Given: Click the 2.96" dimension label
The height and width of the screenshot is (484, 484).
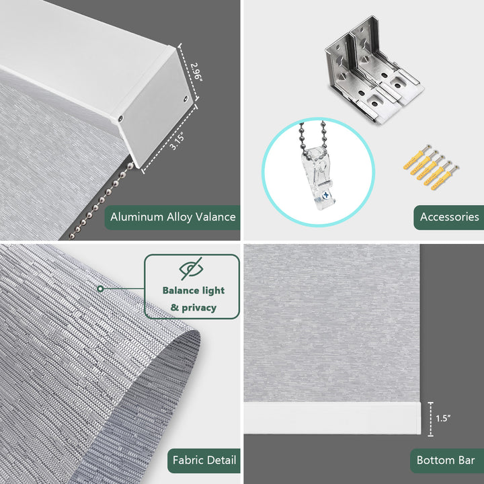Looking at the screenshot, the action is (196, 72).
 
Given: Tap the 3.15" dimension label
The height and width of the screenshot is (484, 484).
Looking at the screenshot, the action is (177, 141).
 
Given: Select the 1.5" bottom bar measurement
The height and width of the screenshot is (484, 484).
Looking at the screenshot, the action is (443, 418).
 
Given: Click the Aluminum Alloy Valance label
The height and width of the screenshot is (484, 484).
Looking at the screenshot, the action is (173, 217).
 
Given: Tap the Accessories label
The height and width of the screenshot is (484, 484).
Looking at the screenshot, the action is (449, 217).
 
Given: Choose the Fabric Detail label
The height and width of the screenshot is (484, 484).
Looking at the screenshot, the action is (204, 460).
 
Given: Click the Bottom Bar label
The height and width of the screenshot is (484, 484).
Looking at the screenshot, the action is (446, 460).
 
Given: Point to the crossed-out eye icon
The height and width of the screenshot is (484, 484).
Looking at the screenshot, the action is (192, 268).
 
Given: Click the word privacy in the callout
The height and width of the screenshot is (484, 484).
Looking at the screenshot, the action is (199, 308).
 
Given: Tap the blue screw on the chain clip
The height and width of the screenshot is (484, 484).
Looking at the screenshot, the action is (326, 195).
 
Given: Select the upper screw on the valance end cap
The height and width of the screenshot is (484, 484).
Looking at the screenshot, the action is (186, 99).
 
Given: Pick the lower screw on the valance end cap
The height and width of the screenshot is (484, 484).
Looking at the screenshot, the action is (120, 118).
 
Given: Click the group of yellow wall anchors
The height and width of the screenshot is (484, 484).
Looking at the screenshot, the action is (431, 167).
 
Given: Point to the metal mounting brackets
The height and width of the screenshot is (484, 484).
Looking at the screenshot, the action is (374, 70).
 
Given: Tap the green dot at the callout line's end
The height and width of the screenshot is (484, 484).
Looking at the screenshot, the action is (100, 289).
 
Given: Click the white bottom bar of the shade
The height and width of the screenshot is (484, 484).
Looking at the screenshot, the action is (333, 418).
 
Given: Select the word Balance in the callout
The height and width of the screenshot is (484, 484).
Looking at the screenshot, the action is (177, 290).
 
